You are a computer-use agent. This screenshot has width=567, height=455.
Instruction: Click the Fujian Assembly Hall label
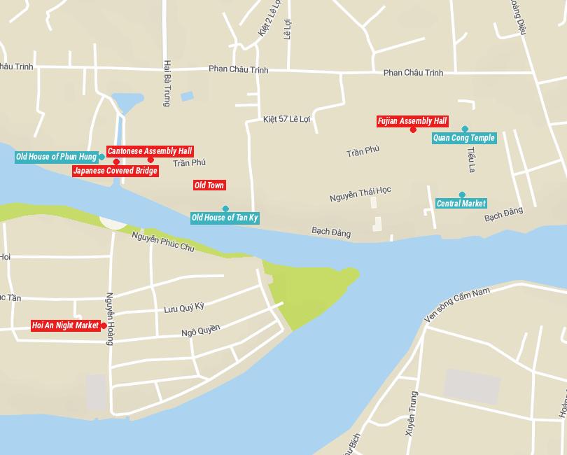point(412,121)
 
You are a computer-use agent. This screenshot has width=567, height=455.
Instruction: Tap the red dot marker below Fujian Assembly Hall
point(413,129)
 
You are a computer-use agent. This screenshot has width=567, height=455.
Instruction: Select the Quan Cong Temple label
point(463,138)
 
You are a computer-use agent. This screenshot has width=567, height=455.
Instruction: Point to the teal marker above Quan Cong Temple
point(465,129)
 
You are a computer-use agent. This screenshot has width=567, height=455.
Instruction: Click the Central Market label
point(461,204)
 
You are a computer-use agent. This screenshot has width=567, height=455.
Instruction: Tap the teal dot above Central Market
point(462,195)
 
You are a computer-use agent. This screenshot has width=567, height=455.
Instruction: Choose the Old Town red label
point(209,185)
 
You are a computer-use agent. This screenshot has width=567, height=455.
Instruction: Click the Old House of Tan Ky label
point(225,218)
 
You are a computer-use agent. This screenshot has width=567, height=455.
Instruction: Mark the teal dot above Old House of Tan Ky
point(225,209)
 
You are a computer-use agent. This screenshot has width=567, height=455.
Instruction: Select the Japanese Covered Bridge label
point(115,171)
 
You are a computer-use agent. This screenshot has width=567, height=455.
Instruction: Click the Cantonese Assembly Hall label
point(149,151)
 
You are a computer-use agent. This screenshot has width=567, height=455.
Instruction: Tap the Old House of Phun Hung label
point(56,157)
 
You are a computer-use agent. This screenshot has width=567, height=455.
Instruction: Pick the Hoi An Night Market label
point(66,325)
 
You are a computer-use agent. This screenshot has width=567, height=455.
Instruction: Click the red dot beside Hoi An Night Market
point(104,325)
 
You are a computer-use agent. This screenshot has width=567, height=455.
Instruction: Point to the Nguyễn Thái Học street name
point(360,194)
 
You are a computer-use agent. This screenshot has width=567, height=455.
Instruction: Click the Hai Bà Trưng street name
point(167,83)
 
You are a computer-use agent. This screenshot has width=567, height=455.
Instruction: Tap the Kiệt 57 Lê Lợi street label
point(286,119)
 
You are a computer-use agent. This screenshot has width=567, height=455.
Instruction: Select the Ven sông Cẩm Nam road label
point(458,304)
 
